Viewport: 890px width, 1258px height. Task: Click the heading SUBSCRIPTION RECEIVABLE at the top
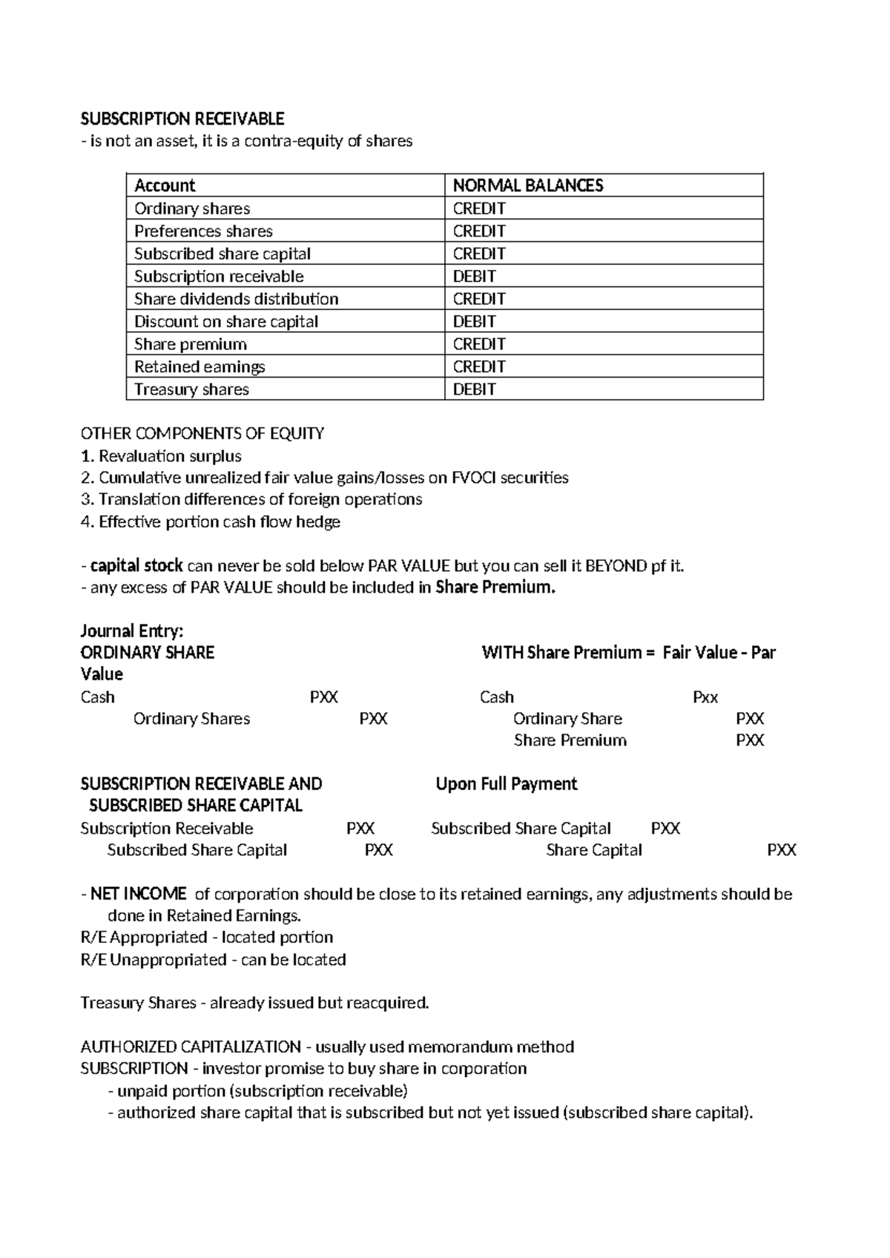click(182, 119)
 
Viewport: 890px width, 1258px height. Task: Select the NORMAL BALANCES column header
click(528, 185)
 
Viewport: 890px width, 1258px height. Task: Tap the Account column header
click(165, 185)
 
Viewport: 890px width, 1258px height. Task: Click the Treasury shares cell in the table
click(191, 389)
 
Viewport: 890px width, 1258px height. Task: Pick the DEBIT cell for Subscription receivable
click(475, 277)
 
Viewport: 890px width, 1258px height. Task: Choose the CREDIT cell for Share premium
click(479, 344)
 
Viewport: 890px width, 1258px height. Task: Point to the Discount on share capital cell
click(226, 322)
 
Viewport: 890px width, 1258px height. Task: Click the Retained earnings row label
click(200, 367)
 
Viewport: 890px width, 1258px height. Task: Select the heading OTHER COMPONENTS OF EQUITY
click(202, 433)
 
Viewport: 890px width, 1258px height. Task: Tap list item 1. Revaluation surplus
click(161, 456)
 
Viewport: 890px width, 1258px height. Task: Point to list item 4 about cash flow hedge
click(210, 522)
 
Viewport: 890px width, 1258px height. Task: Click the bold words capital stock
click(136, 566)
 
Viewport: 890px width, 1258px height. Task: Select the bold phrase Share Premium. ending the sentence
click(495, 588)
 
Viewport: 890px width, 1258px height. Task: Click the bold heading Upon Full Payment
click(507, 784)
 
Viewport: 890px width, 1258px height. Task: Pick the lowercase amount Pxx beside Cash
click(705, 697)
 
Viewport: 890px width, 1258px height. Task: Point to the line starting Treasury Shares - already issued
click(254, 1004)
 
